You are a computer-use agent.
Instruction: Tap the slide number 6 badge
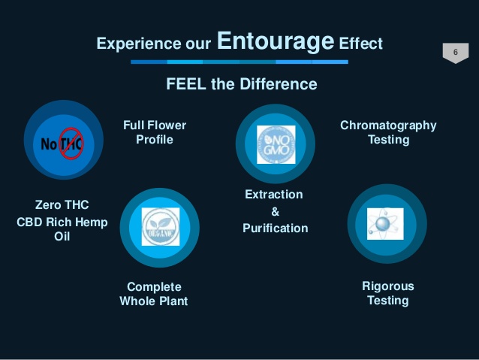point(455,52)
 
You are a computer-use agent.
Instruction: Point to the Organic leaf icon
point(160,226)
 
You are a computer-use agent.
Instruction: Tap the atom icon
point(386,223)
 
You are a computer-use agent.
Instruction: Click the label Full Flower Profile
point(155,132)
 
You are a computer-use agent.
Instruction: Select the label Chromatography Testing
point(388,132)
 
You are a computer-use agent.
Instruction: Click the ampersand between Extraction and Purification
point(275,211)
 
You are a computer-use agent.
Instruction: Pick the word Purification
point(275,228)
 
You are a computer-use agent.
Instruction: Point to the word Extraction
point(274,195)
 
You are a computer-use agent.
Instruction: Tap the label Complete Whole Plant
point(154,294)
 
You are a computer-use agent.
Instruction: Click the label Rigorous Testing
point(387,293)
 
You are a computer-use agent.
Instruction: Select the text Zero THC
point(62,204)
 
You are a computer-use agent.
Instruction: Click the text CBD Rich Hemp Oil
point(62,229)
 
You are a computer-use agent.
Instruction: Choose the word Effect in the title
point(360,44)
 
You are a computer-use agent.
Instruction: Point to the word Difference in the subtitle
point(279,84)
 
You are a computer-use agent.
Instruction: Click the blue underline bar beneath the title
point(239,62)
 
